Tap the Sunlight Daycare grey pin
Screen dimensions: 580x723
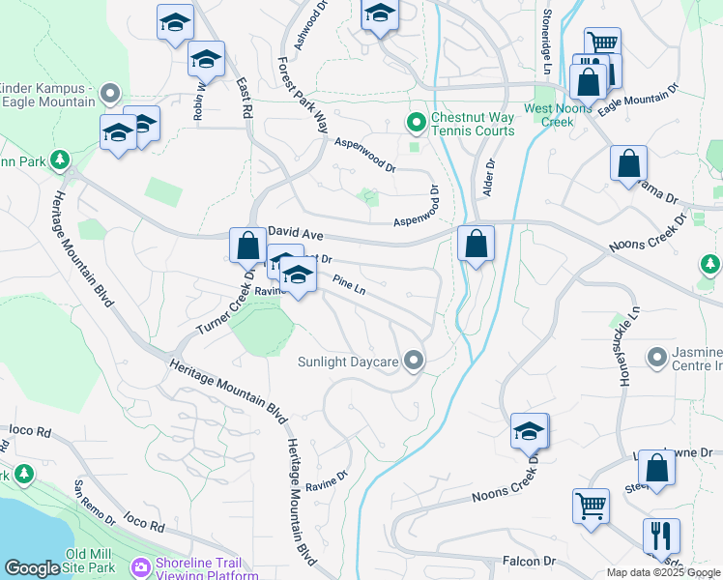tap(415, 362)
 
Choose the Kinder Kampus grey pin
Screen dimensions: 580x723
tap(109, 95)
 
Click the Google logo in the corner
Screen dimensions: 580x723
tap(32, 569)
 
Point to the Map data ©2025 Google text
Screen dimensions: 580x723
tap(663, 572)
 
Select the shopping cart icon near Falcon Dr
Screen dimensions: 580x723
tap(590, 505)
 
